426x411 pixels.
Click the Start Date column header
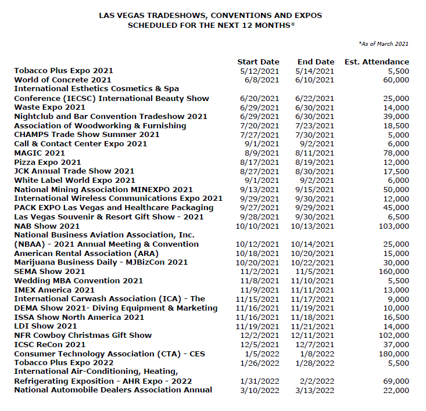point(258,62)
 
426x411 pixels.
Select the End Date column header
point(316,62)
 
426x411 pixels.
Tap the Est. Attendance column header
point(377,62)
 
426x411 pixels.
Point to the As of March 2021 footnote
point(384,44)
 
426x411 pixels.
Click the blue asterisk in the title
point(293,24)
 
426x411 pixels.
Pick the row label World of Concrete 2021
point(63,80)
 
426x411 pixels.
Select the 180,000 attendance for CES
point(392,354)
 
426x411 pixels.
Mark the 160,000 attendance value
point(392,271)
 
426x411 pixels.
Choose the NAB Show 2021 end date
point(313,226)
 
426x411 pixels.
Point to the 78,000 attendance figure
point(395,153)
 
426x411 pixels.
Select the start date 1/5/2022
point(263,354)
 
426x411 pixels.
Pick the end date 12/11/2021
point(313,335)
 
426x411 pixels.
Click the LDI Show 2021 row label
point(45,326)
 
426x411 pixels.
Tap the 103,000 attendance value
point(392,226)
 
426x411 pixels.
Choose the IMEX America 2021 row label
point(54,290)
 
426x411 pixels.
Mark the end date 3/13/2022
point(315,390)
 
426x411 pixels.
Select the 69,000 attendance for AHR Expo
point(395,381)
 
